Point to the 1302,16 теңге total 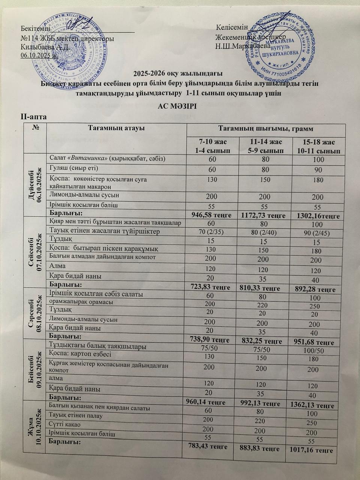pos(318,216)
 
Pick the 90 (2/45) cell pos(318,233)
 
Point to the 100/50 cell pos(318,350)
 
